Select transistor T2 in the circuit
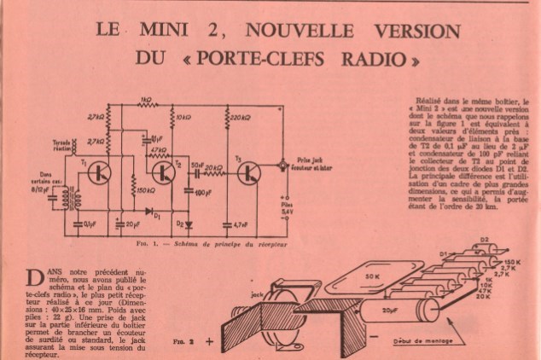(x=163, y=173)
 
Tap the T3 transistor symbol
(x=248, y=173)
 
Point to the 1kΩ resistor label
(x=147, y=98)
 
